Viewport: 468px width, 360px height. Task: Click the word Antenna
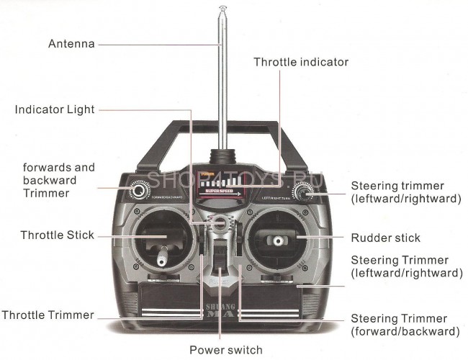[x=71, y=44]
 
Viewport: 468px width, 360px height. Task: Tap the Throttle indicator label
[x=300, y=63]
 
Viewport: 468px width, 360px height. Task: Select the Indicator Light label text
[x=55, y=109]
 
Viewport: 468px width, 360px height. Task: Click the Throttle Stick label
[x=57, y=235]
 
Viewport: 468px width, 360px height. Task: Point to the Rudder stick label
[x=385, y=238]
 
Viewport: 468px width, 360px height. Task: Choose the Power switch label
[x=225, y=351]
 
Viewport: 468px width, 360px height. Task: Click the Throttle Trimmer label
[x=48, y=315]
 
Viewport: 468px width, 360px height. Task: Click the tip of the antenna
[x=223, y=9]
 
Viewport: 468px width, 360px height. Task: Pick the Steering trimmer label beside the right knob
[x=405, y=192]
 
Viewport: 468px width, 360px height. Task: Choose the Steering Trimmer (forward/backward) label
[x=404, y=325]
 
